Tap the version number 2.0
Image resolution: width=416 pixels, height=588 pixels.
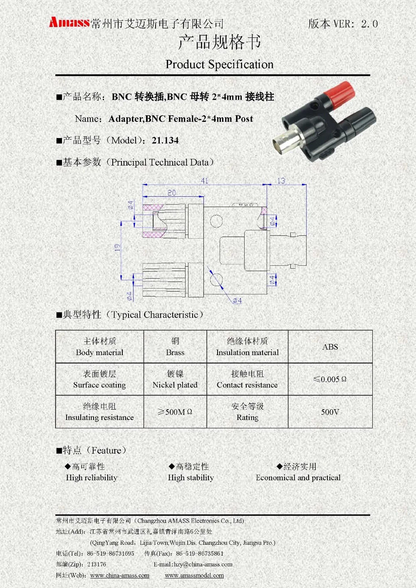click(369, 24)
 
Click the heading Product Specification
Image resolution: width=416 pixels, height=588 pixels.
click(219, 64)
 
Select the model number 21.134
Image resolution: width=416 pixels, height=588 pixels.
click(165, 141)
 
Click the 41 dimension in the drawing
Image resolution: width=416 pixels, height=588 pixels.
click(204, 181)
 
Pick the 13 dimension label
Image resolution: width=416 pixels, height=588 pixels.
click(281, 181)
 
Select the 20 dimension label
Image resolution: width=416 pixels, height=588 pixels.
click(171, 193)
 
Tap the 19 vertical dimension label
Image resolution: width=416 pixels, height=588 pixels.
click(118, 247)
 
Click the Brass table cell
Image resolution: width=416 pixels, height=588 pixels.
click(175, 347)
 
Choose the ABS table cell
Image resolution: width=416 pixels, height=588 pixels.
click(330, 347)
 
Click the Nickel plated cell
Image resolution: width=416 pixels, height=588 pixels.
click(175, 379)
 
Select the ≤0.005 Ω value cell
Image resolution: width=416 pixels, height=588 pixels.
click(330, 379)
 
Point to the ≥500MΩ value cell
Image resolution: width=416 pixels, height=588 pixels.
click(175, 412)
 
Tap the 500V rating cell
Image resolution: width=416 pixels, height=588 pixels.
click(330, 412)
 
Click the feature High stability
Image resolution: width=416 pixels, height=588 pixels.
click(191, 477)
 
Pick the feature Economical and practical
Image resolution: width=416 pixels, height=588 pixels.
click(298, 477)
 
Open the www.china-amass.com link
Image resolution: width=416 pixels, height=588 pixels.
click(120, 576)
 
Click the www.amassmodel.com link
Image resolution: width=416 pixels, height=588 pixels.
click(194, 576)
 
